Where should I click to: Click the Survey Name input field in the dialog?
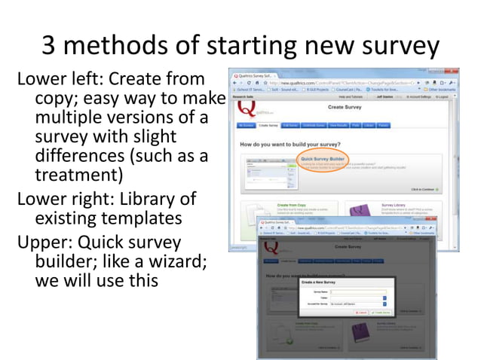click(x=363, y=291)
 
